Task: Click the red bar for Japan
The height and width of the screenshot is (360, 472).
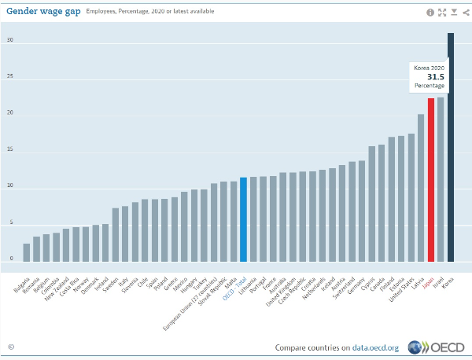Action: pos(431,180)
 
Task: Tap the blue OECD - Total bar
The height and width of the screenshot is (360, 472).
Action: pos(244,219)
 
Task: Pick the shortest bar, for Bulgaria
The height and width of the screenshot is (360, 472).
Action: pos(27,252)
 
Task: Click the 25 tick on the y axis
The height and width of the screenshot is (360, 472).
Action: pos(10,77)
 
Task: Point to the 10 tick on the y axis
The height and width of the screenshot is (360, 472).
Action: pos(10,187)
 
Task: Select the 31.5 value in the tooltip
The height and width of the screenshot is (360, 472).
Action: pos(436,77)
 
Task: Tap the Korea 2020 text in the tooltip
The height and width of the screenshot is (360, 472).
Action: pos(430,68)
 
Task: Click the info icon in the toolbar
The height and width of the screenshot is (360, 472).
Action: pos(430,12)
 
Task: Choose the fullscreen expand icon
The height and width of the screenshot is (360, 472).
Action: pos(442,12)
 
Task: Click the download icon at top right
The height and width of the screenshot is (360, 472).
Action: pos(453,12)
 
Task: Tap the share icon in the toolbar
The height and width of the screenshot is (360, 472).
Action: pos(464,12)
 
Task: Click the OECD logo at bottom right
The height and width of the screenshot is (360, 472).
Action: pos(442,347)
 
